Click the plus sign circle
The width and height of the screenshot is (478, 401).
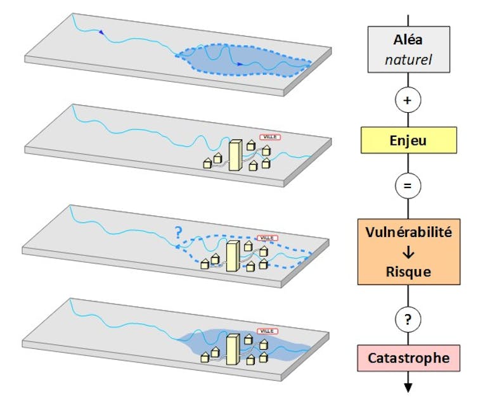[408, 100]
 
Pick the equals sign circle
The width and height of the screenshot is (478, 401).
[408, 186]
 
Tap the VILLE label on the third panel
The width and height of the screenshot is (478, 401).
[268, 237]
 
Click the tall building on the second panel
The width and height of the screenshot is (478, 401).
[235, 156]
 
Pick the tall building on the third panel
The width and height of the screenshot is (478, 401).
[233, 255]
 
